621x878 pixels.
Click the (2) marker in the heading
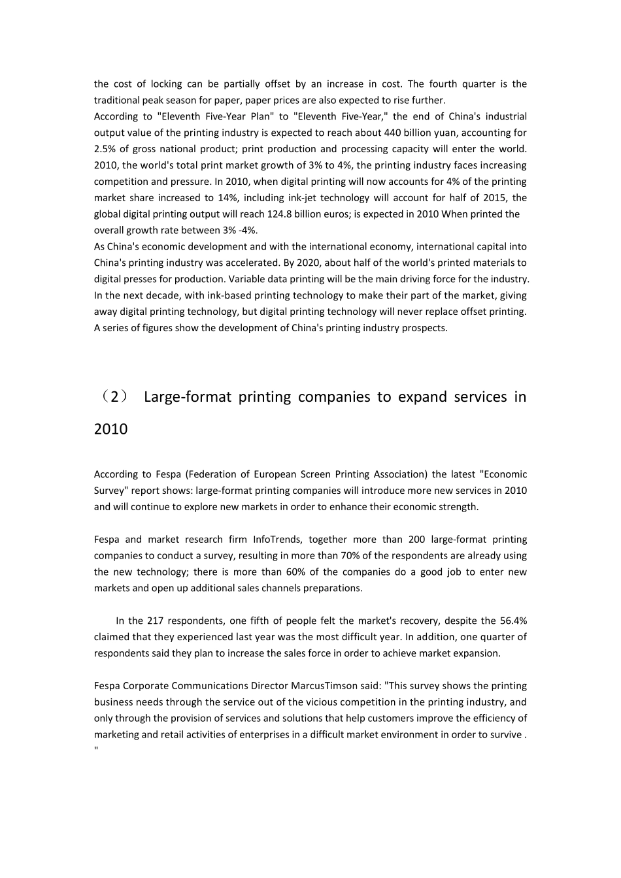point(112,397)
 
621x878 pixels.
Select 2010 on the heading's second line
point(111,430)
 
